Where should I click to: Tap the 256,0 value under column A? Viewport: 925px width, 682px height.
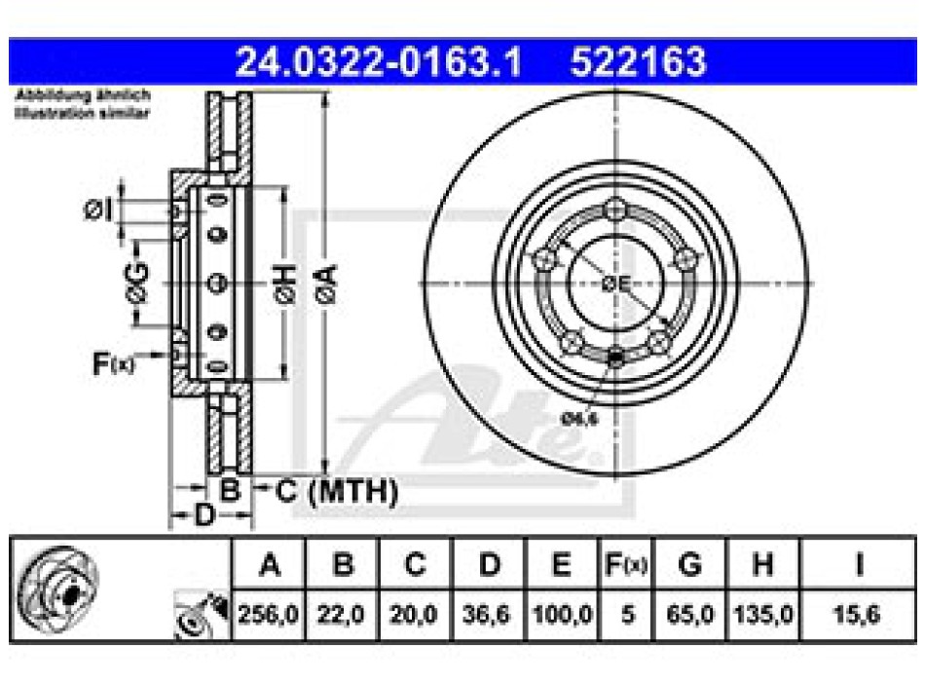[268, 616]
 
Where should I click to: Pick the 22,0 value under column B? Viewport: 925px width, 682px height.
[341, 616]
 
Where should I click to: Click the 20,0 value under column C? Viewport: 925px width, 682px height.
[415, 616]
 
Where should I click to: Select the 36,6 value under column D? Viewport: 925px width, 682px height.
[490, 616]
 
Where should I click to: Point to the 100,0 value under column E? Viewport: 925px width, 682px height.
[563, 616]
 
